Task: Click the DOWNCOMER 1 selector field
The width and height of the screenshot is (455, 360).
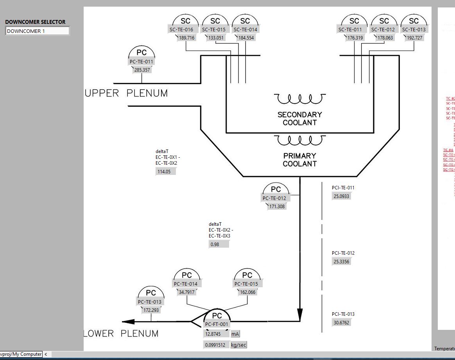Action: pos(37,31)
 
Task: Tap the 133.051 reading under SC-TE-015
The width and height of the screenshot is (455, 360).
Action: pos(216,38)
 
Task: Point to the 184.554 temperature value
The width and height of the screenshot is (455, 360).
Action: pos(245,38)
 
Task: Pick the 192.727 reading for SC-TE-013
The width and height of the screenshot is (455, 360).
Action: pos(414,38)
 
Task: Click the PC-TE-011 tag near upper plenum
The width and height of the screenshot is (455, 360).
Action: pos(142,61)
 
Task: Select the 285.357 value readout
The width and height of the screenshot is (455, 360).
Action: pos(142,70)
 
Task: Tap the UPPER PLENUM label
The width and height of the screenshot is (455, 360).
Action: pos(126,94)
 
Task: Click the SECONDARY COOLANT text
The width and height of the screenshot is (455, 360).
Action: pos(300,119)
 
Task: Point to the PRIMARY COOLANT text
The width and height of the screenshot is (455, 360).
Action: pos(300,160)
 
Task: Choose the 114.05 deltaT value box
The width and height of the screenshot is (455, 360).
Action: pos(166,171)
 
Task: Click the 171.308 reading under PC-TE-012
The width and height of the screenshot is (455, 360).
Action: pos(277,206)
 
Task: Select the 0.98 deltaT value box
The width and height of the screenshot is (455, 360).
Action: pos(219,244)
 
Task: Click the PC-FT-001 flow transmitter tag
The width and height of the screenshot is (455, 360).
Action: pos(217,324)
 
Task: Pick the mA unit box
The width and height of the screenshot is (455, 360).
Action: pos(235,334)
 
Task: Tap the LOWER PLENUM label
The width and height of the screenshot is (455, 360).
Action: pos(121,334)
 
